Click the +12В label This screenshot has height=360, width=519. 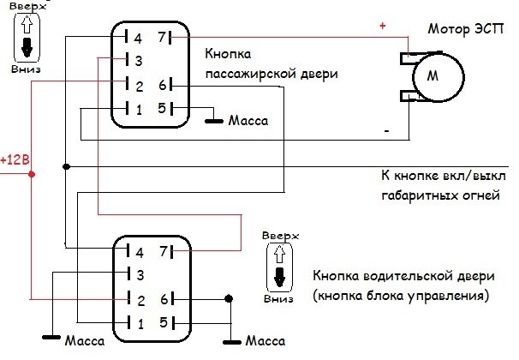(x=15, y=159)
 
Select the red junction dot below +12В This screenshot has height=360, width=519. (x=32, y=174)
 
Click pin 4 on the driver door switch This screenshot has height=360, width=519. (x=134, y=251)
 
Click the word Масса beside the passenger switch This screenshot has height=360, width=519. (x=249, y=122)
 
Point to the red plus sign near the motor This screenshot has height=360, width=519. (x=383, y=27)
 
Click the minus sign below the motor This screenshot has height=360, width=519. (x=388, y=131)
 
